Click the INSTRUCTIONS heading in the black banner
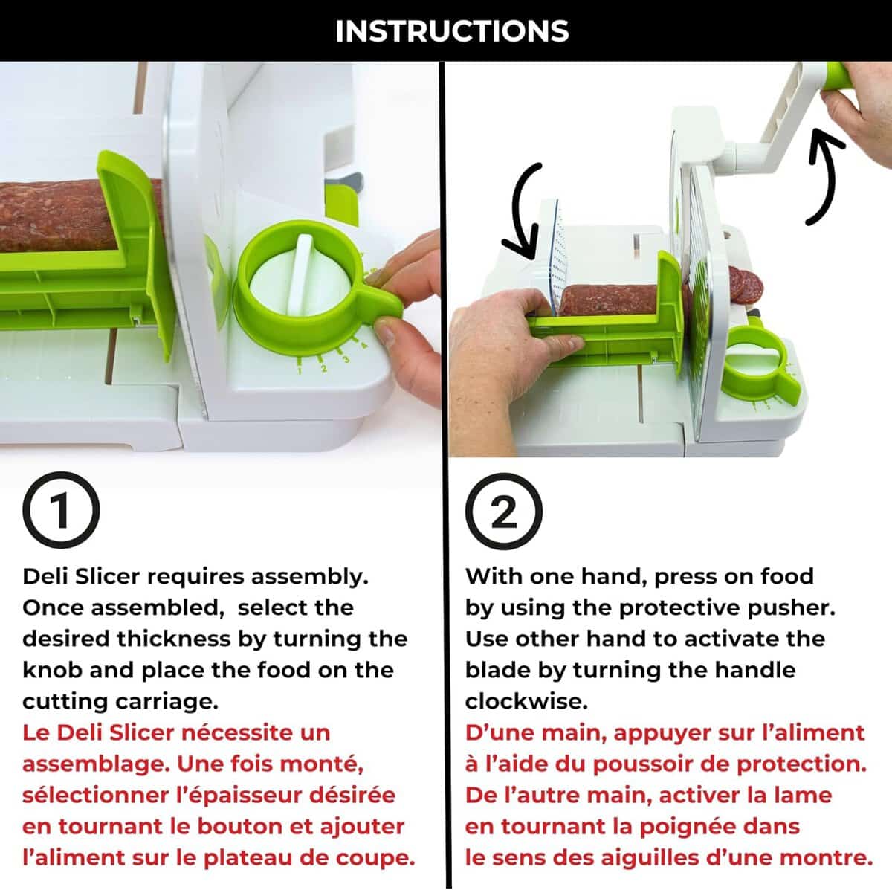[452, 31]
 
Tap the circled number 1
[61, 510]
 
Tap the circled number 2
[504, 511]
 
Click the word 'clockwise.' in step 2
[526, 702]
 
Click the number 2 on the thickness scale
[323, 369]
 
